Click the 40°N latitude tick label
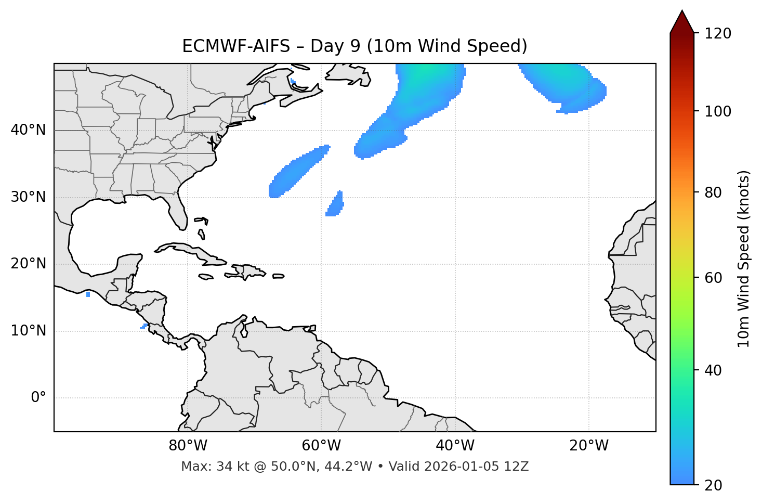point(28,130)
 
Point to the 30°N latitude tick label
point(28,197)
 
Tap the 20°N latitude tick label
point(28,264)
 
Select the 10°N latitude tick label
point(28,331)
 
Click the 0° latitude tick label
point(38,398)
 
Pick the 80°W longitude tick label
point(188,446)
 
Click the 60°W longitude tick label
point(321,446)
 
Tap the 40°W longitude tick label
point(455,446)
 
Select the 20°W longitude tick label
point(588,446)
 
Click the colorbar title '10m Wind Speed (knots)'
point(744,259)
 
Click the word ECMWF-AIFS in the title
point(236,46)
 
